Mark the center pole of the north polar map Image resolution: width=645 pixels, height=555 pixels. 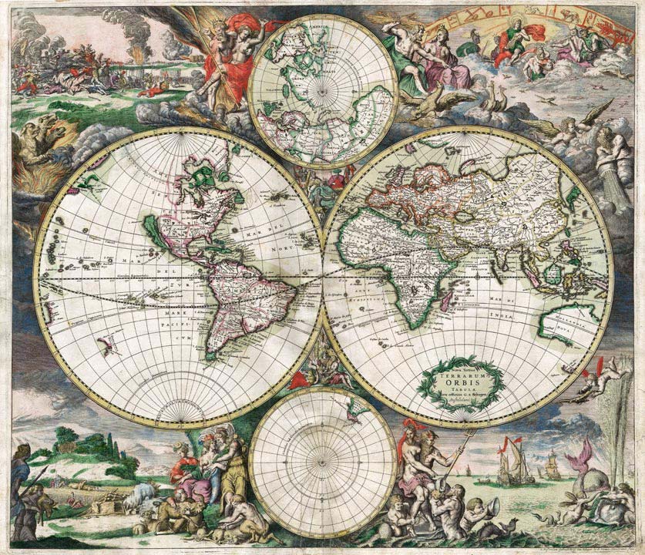tap(322, 89)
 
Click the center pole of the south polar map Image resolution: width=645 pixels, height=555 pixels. tap(323, 462)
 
